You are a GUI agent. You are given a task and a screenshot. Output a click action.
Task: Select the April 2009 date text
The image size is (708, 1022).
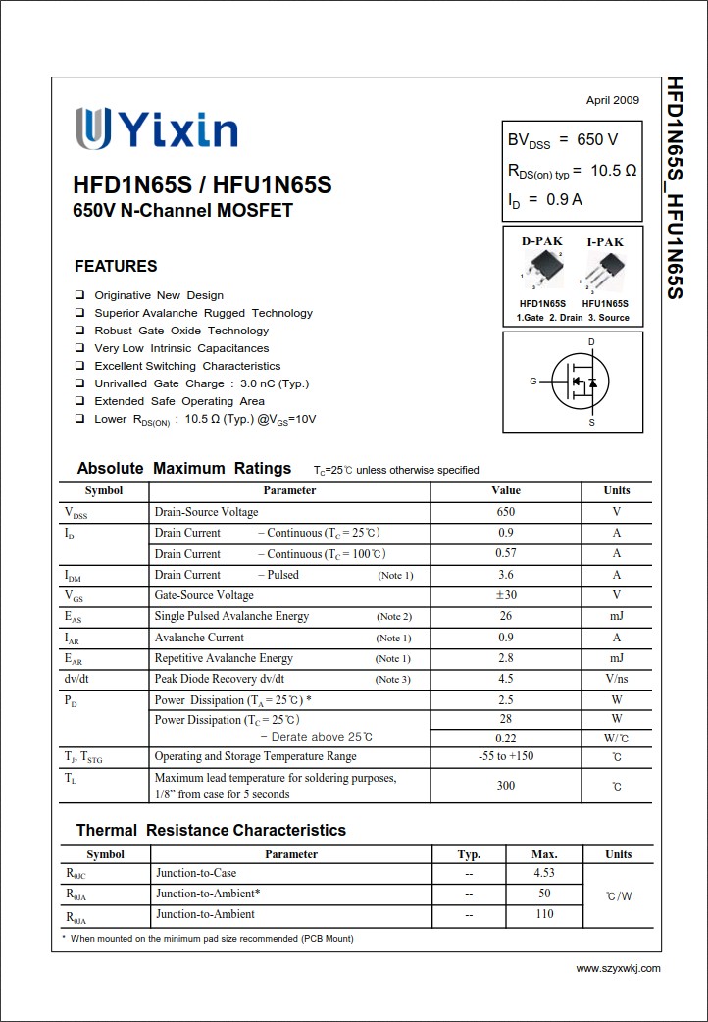coord(612,100)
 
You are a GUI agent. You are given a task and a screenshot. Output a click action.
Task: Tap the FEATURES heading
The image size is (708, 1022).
coord(116,266)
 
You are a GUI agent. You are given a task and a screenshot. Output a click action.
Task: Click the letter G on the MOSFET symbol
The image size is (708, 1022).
coord(533,381)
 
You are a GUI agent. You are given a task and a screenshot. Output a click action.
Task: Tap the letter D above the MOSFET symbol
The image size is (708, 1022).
coord(591,342)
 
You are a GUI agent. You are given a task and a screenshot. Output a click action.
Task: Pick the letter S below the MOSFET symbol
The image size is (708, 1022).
coord(591,423)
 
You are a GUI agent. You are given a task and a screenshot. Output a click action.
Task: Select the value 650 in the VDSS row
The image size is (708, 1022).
coord(506,512)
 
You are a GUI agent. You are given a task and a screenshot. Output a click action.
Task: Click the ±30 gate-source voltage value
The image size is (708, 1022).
coord(506,595)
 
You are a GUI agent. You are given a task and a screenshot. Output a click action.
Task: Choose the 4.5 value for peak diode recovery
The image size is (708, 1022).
coord(506,679)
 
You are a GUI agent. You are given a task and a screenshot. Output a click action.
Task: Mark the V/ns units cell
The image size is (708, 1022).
coord(617,679)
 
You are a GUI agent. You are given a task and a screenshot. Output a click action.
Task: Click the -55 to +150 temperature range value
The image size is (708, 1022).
coord(506,756)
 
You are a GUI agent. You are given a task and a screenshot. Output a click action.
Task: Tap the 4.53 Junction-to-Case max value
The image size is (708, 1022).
coord(544,873)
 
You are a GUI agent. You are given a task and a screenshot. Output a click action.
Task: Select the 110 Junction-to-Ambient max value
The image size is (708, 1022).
coord(544,914)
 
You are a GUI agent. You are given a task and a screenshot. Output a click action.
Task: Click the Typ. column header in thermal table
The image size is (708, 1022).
coord(469,854)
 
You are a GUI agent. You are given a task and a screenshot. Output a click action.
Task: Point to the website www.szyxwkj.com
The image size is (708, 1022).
coord(618,968)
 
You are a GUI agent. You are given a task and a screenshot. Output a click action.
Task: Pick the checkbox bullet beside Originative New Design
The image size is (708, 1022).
coord(79,295)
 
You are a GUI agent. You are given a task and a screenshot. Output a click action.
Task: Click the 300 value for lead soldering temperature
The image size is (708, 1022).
coord(506,786)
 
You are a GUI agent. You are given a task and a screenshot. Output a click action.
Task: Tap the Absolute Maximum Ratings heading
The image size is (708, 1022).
coord(184,469)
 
